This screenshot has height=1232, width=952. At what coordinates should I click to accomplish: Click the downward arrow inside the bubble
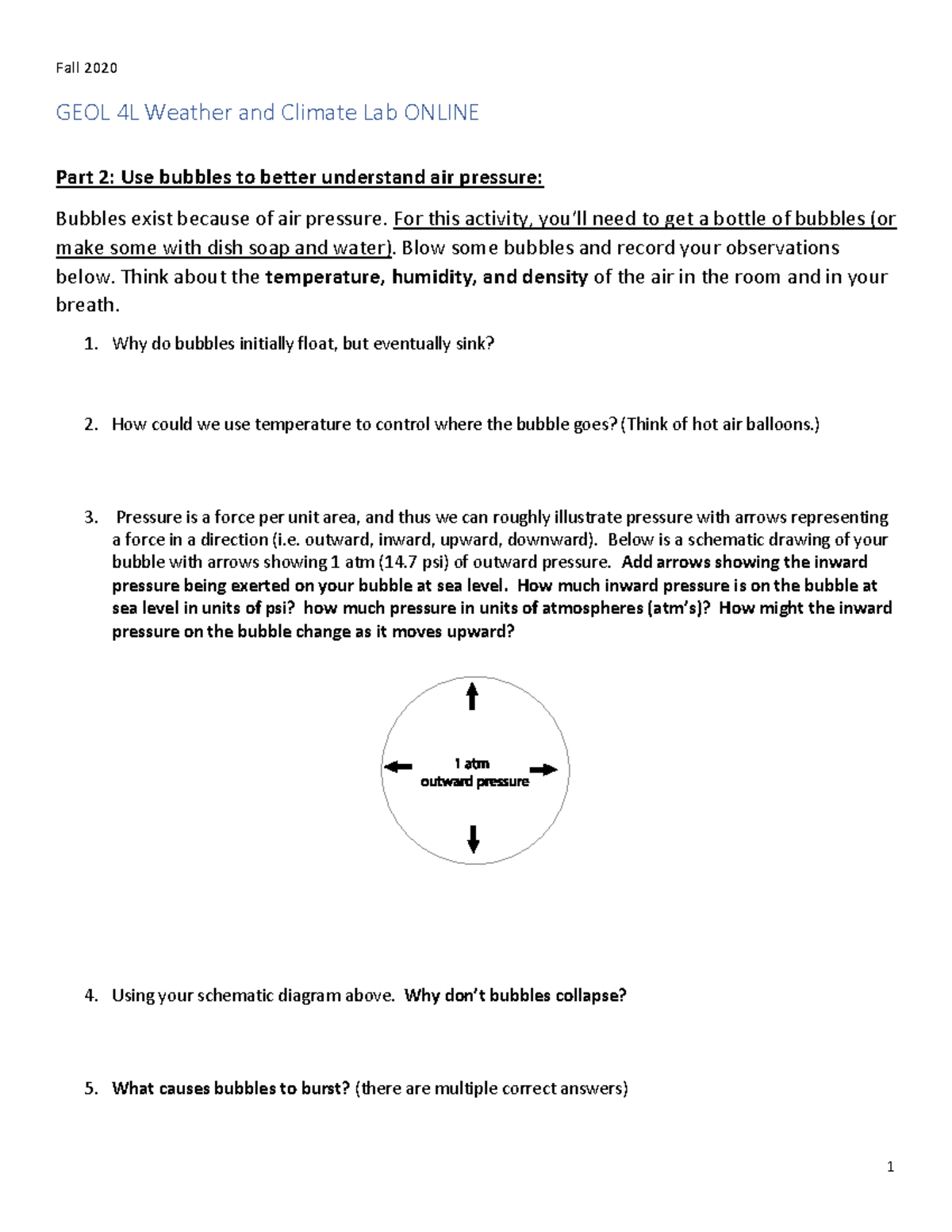click(474, 839)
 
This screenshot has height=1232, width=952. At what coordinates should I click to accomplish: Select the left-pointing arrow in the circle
click(398, 766)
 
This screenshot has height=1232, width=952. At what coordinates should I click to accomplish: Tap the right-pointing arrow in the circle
click(543, 770)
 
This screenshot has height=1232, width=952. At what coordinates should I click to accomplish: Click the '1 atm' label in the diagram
click(472, 763)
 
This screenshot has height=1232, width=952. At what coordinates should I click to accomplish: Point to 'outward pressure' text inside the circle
click(474, 781)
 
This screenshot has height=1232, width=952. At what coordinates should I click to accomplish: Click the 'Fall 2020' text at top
click(86, 68)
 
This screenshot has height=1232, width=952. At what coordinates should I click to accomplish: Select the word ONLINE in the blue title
click(441, 113)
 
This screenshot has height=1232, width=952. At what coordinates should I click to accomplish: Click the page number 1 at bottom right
click(890, 1166)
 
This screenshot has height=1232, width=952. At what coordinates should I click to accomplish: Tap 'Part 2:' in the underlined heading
click(85, 177)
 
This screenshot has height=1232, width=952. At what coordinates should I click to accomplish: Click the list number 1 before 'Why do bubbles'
click(90, 344)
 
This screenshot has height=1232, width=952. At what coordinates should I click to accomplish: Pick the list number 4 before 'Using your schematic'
click(90, 996)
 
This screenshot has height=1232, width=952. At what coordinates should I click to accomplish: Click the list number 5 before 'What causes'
click(90, 1088)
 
